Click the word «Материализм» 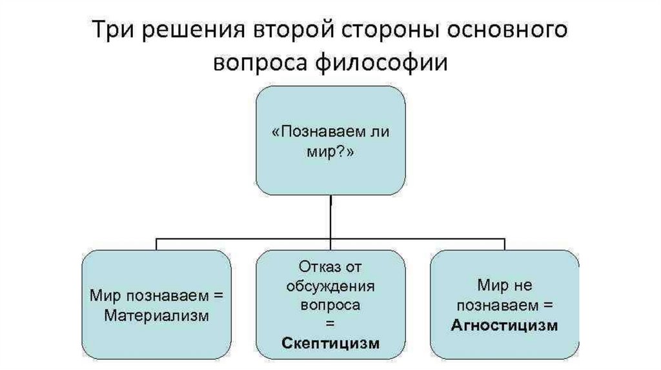[x=157, y=316]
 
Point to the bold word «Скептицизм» [x=330, y=343]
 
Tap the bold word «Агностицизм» [x=505, y=326]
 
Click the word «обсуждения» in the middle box [x=330, y=285]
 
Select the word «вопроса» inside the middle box [x=330, y=304]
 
